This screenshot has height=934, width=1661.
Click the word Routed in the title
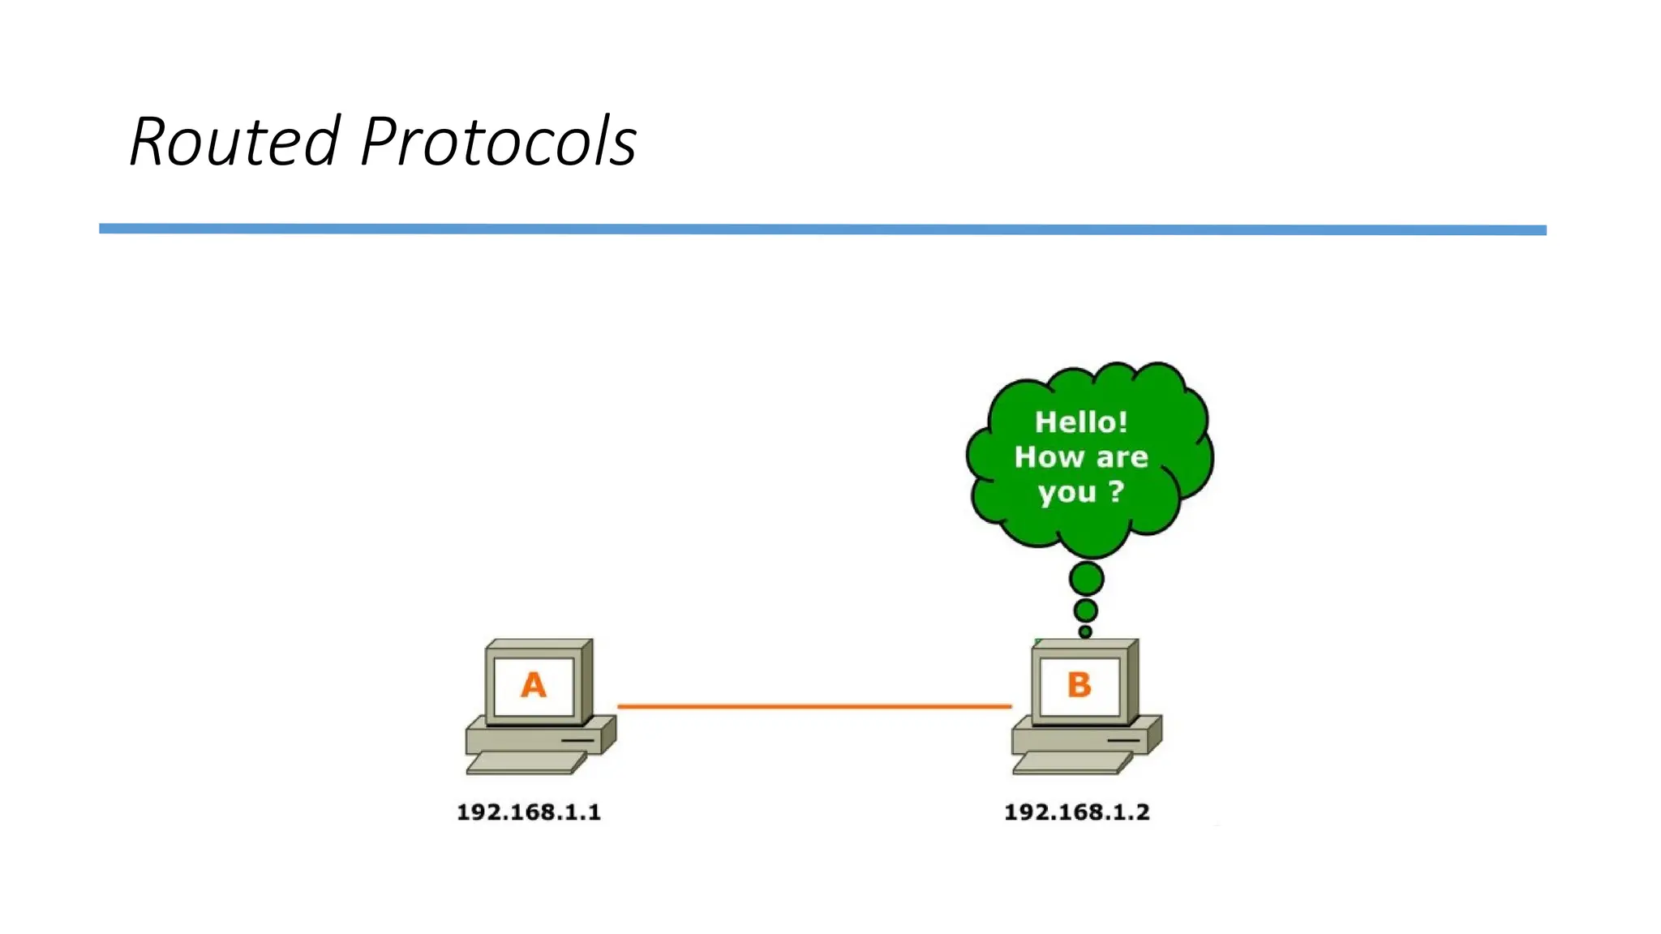pos(234,141)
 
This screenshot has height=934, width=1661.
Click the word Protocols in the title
pos(498,141)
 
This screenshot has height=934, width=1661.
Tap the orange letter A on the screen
pos(533,685)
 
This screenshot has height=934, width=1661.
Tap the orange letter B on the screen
pos(1079,685)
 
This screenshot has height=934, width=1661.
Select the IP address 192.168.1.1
pos(529,812)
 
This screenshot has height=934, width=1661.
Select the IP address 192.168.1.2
pos(1076,812)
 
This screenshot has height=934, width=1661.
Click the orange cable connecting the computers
pos(814,706)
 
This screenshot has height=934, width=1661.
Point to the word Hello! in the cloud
pos(1081,422)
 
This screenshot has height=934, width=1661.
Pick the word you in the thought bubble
pos(1067,492)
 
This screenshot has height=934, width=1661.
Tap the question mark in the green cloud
pos(1117,491)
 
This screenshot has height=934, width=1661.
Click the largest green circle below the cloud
pos(1086,579)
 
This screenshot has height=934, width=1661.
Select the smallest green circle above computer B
pos(1085,632)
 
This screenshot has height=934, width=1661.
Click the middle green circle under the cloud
pos(1085,610)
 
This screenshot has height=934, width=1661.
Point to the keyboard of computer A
pos(526,762)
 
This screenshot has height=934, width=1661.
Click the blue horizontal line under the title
pos(822,229)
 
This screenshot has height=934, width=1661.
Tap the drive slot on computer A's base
pos(577,740)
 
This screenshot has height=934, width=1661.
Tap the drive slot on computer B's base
pos(1123,740)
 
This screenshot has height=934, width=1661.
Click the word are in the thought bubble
pos(1122,457)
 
